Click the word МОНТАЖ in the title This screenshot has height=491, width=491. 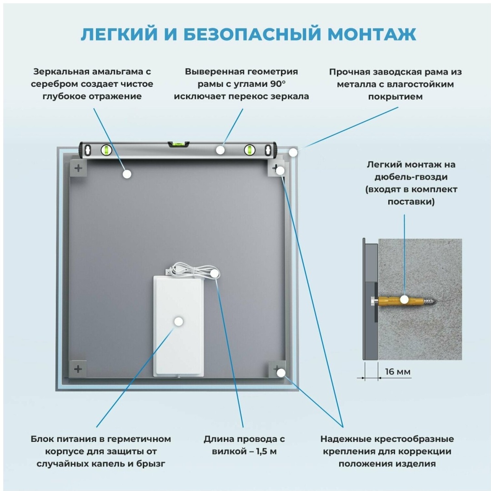(x=371, y=34)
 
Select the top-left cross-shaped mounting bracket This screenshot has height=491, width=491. (x=78, y=168)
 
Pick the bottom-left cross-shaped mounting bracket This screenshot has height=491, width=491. (x=78, y=369)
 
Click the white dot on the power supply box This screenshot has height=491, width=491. (x=179, y=321)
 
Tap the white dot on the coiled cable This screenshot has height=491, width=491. (x=214, y=273)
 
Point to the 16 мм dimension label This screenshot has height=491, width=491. (x=397, y=372)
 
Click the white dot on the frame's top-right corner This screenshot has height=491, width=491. (x=293, y=152)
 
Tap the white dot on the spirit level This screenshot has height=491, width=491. (x=220, y=150)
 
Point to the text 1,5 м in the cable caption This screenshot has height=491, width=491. (x=266, y=451)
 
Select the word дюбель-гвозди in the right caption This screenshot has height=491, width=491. (x=411, y=177)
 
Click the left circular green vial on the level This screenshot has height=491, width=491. (x=106, y=150)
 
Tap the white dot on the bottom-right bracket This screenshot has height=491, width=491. (x=281, y=373)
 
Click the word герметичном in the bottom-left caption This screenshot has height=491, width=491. (x=140, y=439)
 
